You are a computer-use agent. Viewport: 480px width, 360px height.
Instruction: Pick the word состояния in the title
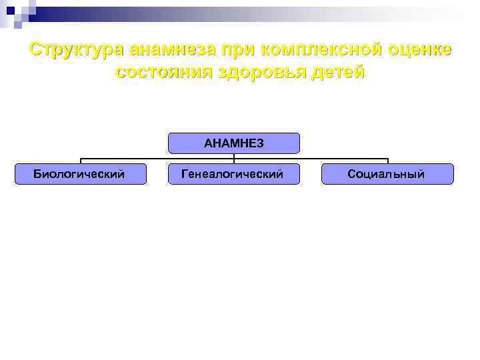[162, 73]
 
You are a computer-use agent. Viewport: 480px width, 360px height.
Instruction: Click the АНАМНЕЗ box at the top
[233, 143]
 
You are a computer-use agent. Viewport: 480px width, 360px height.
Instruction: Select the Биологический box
[80, 174]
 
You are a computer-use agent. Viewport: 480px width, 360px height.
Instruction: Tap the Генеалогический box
[233, 174]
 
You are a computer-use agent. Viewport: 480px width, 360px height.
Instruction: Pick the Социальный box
[387, 174]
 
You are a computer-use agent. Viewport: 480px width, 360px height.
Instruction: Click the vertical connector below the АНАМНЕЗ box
[233, 157]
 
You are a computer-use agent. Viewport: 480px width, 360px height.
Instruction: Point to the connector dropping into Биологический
[81, 161]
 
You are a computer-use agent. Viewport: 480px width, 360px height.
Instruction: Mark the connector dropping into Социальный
[387, 161]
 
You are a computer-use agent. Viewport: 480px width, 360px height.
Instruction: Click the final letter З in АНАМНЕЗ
[260, 143]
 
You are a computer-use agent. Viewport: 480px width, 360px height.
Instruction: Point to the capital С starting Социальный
[351, 174]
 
